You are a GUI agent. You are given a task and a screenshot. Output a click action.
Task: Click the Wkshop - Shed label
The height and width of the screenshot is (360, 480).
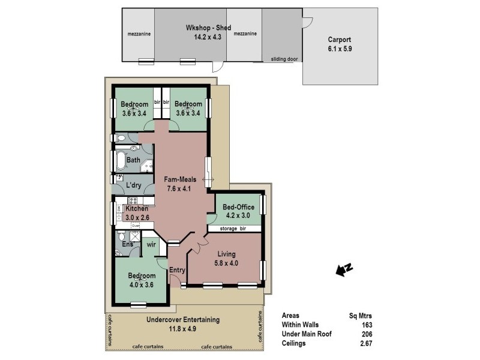click(x=200, y=28)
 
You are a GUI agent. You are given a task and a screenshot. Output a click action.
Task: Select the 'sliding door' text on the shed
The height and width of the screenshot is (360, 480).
click(x=285, y=59)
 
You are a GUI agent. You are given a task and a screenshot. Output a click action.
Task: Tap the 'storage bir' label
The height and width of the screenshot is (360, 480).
click(x=234, y=228)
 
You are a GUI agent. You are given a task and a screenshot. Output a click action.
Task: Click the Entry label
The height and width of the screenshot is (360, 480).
click(x=178, y=270)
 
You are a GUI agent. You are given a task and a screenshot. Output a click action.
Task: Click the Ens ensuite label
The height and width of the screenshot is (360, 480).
click(x=127, y=244)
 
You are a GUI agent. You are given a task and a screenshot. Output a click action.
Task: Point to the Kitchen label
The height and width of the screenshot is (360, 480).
click(x=137, y=208)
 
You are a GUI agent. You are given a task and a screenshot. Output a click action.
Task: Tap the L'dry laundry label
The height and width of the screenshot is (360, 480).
click(x=133, y=185)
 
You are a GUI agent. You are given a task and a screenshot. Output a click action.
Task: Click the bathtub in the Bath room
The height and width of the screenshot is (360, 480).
click(x=119, y=160)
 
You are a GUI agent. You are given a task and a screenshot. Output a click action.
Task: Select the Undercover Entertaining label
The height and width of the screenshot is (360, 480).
click(x=183, y=319)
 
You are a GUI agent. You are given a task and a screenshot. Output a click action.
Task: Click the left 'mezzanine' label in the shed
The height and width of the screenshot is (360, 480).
click(x=139, y=34)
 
